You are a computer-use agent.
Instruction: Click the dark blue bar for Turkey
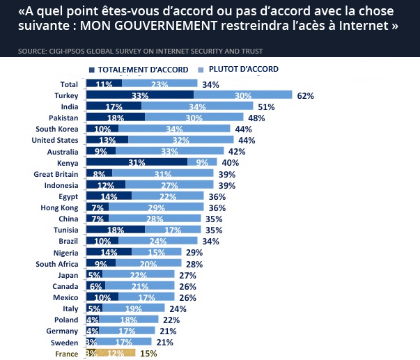139,95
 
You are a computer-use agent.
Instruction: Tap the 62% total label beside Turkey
305,95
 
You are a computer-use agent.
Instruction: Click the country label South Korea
56,129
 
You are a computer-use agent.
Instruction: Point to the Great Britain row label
56,173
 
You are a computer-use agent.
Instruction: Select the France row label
66,354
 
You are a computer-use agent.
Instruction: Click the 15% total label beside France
148,354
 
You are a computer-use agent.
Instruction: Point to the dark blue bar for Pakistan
115,118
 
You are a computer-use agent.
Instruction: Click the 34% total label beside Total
210,84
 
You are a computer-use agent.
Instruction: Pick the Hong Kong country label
59,207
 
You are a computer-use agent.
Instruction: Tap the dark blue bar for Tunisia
115,229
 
